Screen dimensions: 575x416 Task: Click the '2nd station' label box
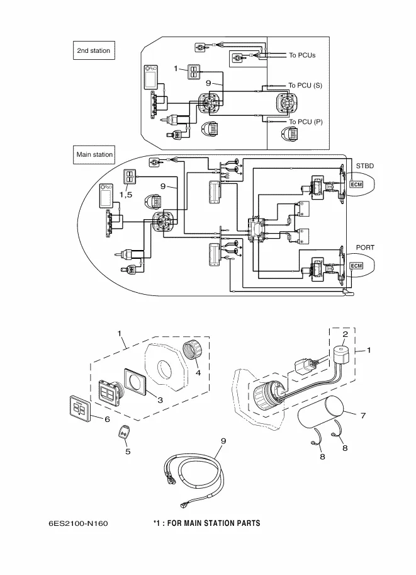pos(93,51)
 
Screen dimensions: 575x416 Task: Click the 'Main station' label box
pos(94,154)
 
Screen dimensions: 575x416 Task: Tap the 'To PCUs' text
pos(302,55)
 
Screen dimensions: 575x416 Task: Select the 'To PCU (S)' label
pos(305,85)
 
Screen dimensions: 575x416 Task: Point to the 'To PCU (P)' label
pos(305,122)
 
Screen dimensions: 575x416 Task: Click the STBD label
pos(364,166)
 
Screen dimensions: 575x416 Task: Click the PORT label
pos(365,248)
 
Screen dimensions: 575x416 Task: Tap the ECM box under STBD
pos(356,185)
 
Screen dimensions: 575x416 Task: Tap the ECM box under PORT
pos(356,266)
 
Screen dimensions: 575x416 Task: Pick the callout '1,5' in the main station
pos(126,195)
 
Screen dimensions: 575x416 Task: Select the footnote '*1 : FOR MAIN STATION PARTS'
pos(206,523)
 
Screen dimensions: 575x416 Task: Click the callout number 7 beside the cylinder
pos(363,416)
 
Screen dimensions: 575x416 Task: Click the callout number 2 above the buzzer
pos(345,334)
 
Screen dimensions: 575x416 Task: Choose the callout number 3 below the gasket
pos(160,400)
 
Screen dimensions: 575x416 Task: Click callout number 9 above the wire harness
pos(223,440)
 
